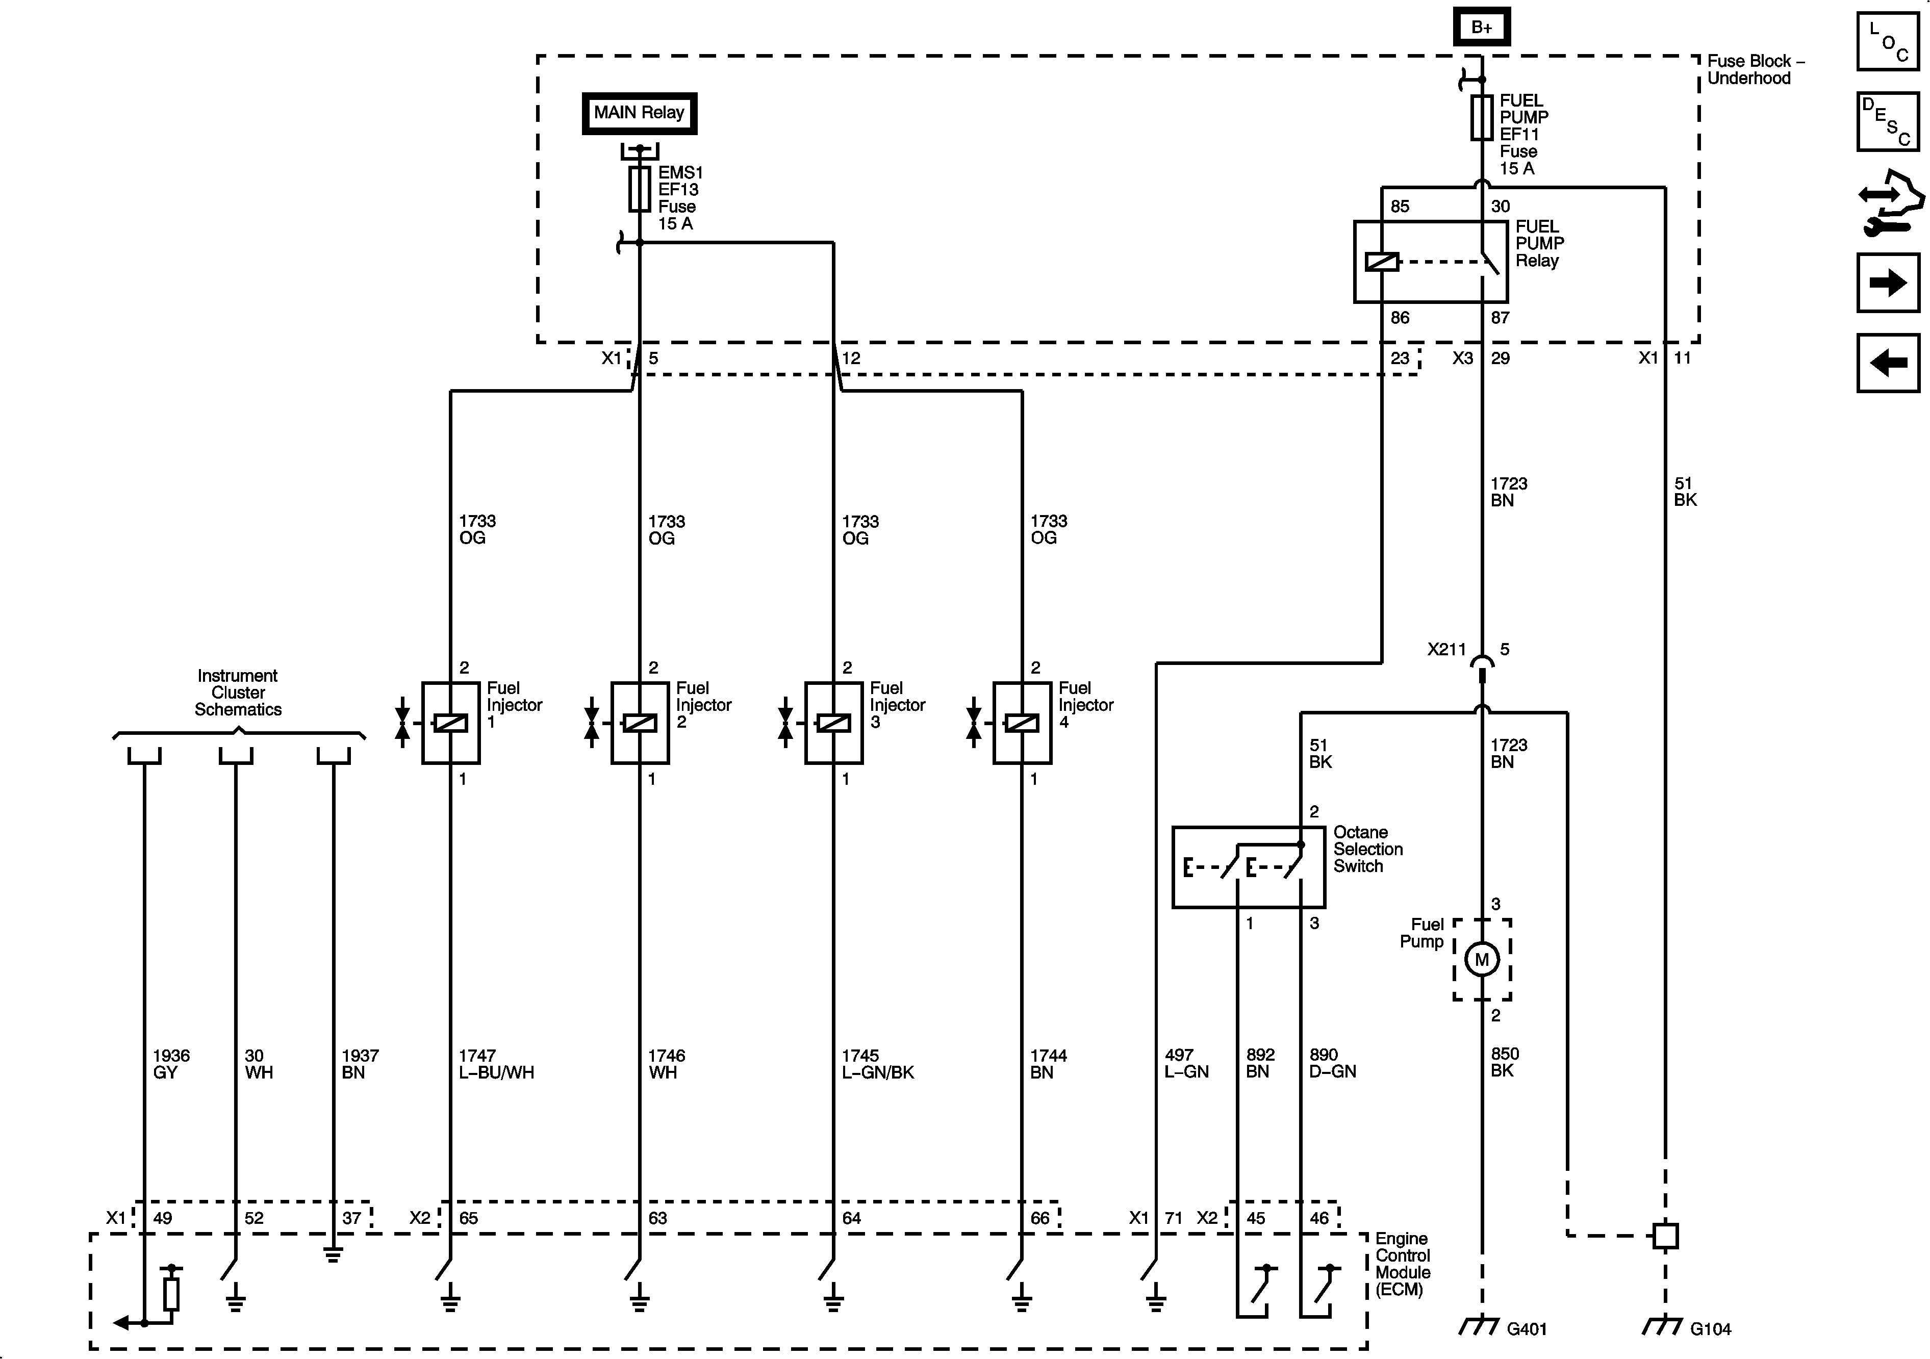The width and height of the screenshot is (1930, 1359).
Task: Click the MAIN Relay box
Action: click(x=639, y=113)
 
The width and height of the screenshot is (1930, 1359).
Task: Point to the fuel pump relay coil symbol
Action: click(x=1382, y=262)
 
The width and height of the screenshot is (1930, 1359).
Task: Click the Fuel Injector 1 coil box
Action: click(x=450, y=723)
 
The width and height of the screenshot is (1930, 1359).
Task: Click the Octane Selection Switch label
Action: click(x=1367, y=849)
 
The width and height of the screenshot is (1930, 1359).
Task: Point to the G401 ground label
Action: click(x=1527, y=1329)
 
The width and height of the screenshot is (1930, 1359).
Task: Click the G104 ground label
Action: click(x=1710, y=1329)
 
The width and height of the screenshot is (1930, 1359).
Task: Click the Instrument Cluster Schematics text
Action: click(x=238, y=693)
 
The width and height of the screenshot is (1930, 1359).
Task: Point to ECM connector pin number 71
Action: click(x=1174, y=1218)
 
